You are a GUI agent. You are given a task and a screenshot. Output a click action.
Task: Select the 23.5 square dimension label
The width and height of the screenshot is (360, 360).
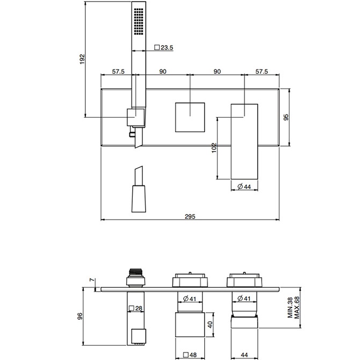(x=164, y=47)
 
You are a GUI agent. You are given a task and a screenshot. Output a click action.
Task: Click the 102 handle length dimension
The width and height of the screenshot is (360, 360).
(x=213, y=148)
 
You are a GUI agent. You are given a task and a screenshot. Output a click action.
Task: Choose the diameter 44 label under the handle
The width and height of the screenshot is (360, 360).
(x=244, y=186)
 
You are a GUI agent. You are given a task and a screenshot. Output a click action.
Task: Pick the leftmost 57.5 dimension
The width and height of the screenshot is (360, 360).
(x=119, y=71)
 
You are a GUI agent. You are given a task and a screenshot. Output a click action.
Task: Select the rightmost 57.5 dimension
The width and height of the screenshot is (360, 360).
(x=262, y=71)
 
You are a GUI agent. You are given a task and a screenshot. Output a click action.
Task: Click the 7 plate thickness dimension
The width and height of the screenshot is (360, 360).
(x=92, y=279)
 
